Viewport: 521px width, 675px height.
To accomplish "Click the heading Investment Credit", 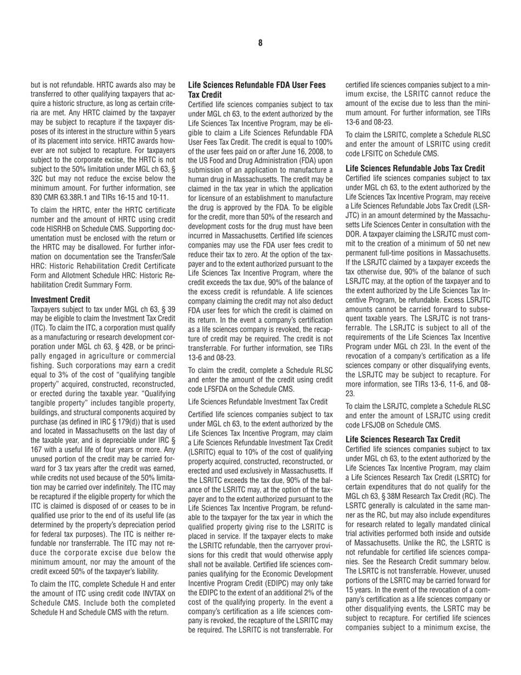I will click(x=60, y=300).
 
